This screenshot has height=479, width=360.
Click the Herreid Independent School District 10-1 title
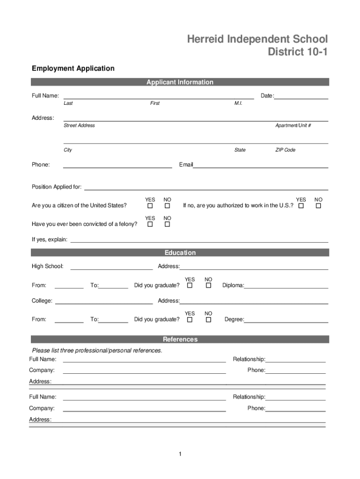pos(258,45)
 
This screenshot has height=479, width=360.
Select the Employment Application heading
pos(73,68)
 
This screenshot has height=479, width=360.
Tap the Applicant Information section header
pos(180,82)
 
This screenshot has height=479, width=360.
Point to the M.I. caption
pos(238,103)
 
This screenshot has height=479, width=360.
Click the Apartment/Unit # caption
pos(293,125)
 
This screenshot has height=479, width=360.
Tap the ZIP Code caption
pos(285,150)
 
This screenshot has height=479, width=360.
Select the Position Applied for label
pos(57,187)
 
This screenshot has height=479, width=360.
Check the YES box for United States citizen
pos(150,206)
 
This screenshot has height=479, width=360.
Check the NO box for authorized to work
pos(318,206)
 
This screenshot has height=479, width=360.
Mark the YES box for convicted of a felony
pos(150,225)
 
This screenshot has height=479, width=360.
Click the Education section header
pos(180,253)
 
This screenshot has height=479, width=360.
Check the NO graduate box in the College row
pos(209,320)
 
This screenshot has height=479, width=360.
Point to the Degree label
pos(234,319)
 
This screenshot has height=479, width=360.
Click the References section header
pos(180,340)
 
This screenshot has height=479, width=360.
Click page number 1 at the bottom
pos(180,454)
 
